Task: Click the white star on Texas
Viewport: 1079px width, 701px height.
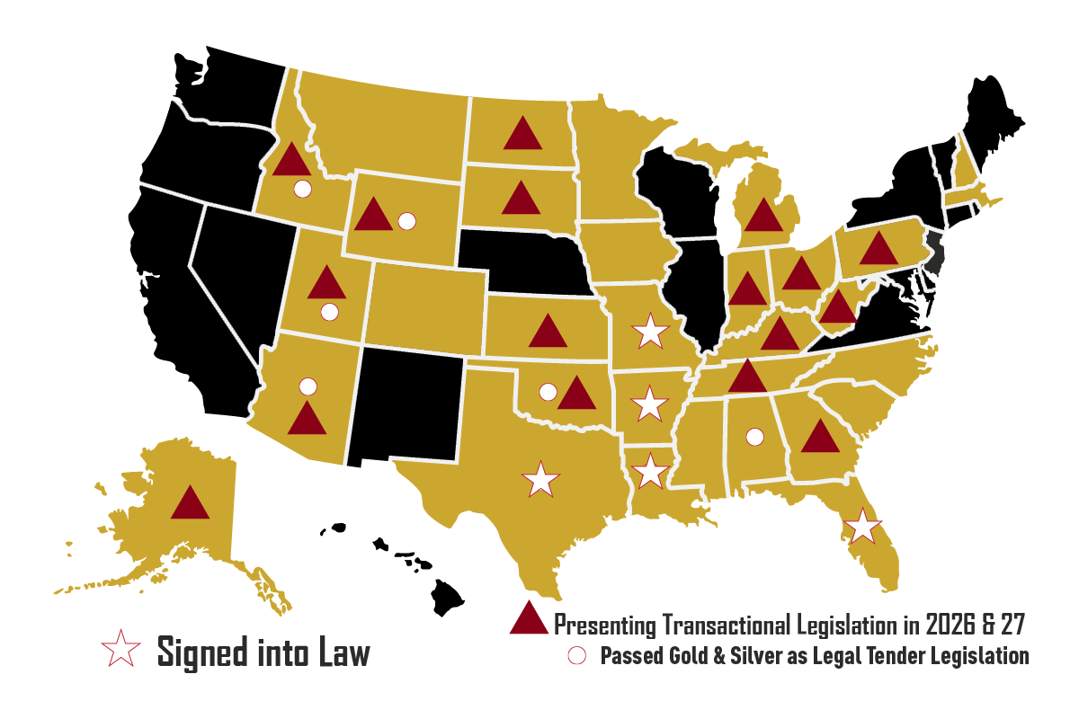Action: point(539,479)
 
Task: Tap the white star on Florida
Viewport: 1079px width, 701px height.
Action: point(862,526)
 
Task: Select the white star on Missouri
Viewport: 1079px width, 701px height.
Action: point(650,333)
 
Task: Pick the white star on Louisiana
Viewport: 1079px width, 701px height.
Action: point(650,471)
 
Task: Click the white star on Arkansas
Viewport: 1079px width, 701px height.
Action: point(649,404)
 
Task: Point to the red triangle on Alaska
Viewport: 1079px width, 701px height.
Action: point(190,504)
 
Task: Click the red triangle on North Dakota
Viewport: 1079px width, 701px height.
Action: point(522,135)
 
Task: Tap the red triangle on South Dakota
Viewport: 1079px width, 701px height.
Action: point(521,199)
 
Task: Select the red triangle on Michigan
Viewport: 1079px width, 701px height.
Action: point(763,217)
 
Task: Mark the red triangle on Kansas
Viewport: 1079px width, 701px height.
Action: point(548,333)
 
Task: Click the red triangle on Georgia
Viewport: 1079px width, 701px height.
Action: point(820,438)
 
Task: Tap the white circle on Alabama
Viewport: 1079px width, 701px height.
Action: point(754,437)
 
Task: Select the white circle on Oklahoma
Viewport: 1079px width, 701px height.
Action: point(547,392)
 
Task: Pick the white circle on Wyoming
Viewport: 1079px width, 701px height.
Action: point(406,220)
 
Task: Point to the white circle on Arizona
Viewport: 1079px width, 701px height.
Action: point(308,386)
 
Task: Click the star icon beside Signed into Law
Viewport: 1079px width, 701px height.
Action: point(120,649)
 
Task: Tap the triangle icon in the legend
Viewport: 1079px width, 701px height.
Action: point(529,620)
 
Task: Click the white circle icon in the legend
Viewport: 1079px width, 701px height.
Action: point(577,655)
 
